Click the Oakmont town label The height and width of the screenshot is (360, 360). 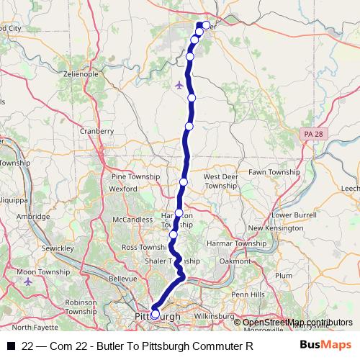235,261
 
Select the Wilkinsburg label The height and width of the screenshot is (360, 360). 214,315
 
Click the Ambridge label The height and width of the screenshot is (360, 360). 33,215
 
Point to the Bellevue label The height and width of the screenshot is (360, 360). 122,277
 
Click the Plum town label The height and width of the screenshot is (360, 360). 284,275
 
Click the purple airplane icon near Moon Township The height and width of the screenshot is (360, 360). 28,281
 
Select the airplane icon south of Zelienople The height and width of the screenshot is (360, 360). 179,85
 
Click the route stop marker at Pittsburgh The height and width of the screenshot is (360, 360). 156,314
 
